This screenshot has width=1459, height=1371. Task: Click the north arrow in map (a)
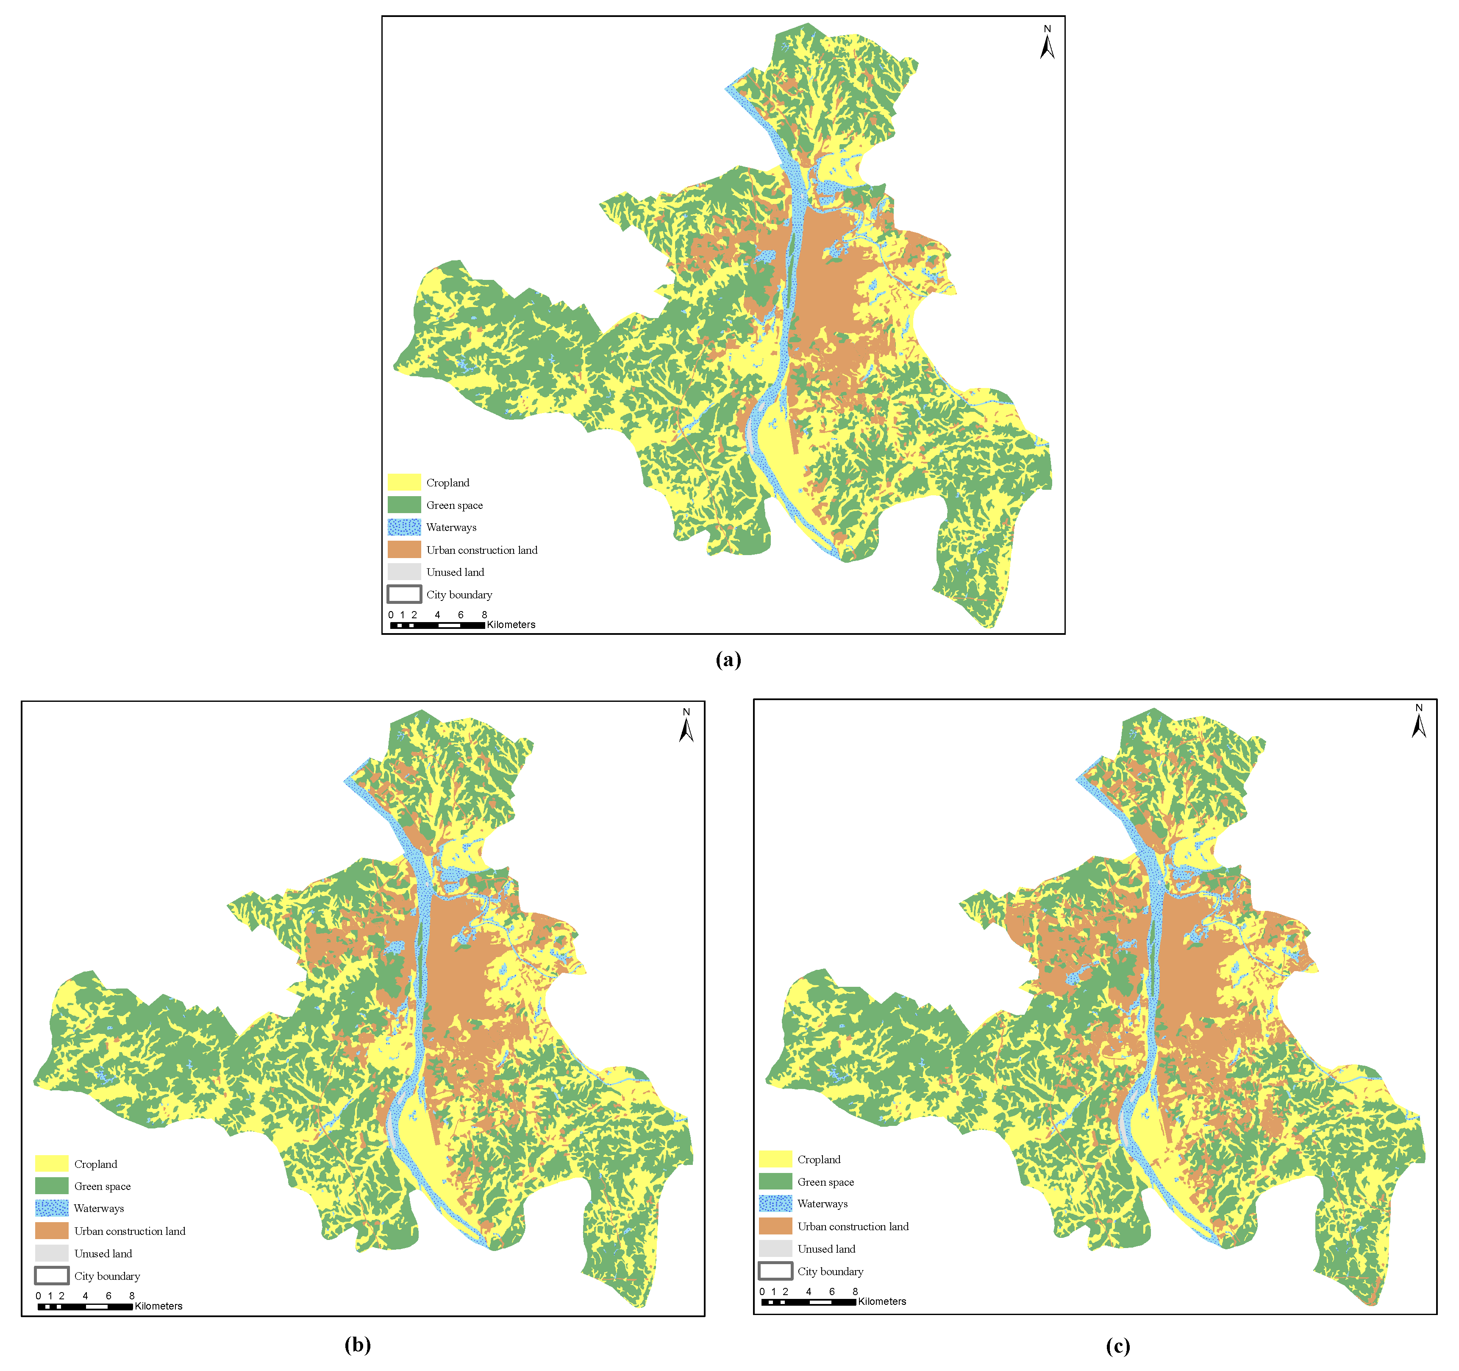tap(1047, 44)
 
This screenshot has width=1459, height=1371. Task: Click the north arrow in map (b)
tap(686, 727)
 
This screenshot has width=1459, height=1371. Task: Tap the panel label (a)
tap(728, 659)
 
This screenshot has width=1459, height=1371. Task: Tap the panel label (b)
tap(357, 1345)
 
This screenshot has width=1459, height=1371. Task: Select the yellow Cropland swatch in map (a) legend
tap(404, 483)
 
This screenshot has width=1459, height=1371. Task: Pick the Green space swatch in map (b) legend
tap(51, 1186)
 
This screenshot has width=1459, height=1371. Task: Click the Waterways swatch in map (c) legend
tap(775, 1203)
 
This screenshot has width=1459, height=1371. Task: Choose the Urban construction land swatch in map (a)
tap(404, 549)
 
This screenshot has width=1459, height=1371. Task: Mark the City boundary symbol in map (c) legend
tap(775, 1270)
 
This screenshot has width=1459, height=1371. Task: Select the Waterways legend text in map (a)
tap(451, 527)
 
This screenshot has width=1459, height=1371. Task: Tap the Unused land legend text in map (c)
tap(826, 1248)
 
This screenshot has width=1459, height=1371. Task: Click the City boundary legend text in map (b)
tap(107, 1276)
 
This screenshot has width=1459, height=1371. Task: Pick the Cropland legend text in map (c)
tap(819, 1159)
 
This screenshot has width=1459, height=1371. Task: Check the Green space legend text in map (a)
tap(454, 505)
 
